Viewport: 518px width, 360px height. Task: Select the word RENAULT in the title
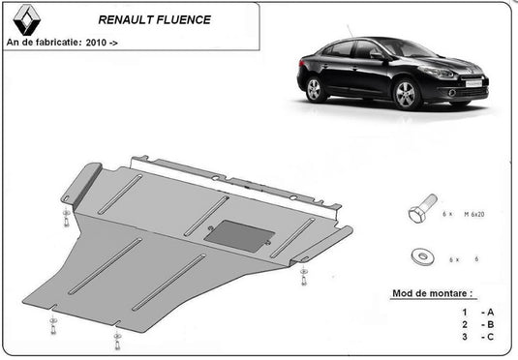click(x=128, y=18)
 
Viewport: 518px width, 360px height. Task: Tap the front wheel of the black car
click(x=407, y=94)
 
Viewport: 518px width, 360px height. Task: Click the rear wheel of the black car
click(x=314, y=90)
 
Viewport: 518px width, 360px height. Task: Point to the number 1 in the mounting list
click(x=465, y=312)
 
